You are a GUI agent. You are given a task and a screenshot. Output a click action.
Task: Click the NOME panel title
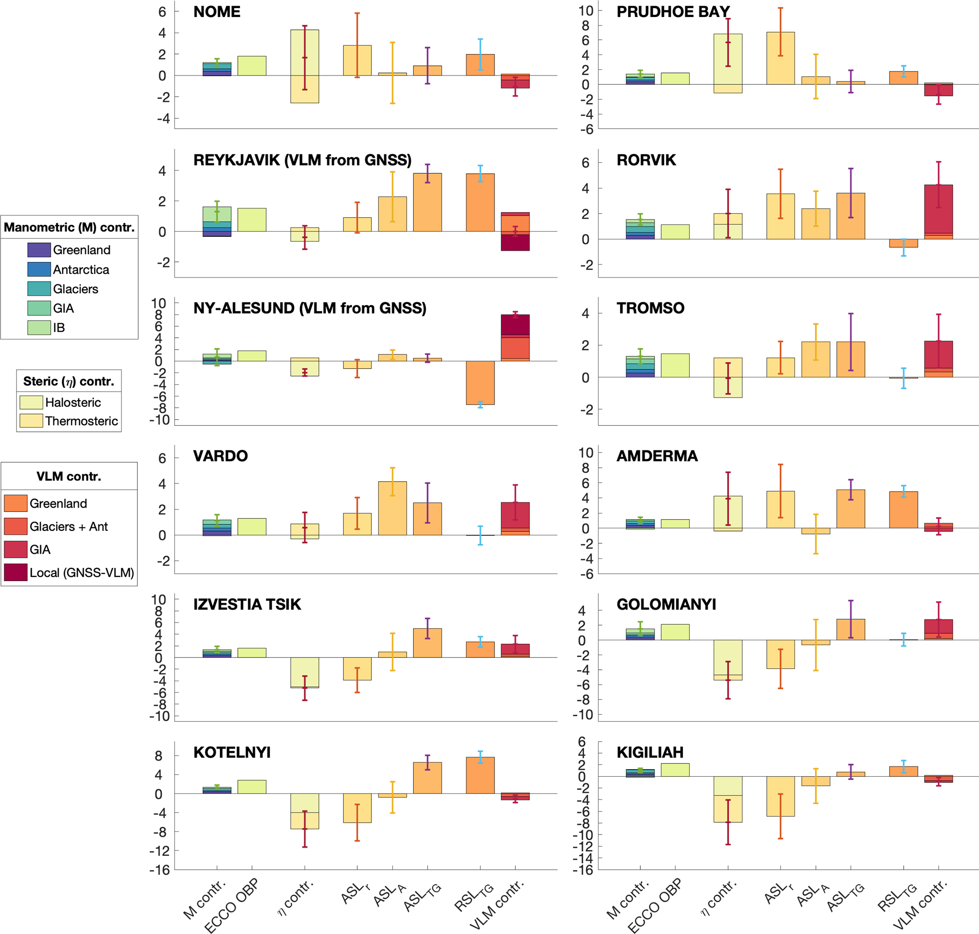click(x=216, y=12)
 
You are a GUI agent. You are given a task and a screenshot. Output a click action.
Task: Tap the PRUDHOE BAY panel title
click(x=673, y=12)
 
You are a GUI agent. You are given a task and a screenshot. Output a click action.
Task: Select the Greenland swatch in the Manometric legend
click(x=39, y=250)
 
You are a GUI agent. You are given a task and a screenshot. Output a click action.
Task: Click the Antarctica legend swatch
click(x=39, y=269)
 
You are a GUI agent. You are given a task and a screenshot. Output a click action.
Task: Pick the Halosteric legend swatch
click(x=31, y=402)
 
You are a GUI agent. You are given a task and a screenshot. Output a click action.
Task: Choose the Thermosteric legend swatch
click(x=31, y=421)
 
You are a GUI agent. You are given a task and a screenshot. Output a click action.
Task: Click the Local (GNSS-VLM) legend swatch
click(x=16, y=573)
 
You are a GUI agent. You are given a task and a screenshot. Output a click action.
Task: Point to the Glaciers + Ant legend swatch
click(x=16, y=526)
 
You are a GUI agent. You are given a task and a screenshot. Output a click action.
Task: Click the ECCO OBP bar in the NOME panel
click(x=251, y=66)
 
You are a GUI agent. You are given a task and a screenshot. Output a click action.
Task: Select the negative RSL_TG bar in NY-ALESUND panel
click(x=480, y=382)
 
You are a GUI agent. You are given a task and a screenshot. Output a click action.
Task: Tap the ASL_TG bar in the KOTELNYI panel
click(x=427, y=778)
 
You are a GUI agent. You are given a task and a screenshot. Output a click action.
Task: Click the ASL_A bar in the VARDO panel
click(x=392, y=508)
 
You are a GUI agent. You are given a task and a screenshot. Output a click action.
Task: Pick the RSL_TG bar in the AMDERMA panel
click(x=903, y=510)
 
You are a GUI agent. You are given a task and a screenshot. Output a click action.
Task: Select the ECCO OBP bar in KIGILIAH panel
click(x=675, y=770)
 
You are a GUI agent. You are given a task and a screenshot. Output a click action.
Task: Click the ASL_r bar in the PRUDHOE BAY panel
click(x=781, y=58)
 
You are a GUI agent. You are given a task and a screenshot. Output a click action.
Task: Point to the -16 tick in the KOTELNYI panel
click(x=159, y=870)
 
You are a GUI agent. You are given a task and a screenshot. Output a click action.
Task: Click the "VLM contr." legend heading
click(x=69, y=476)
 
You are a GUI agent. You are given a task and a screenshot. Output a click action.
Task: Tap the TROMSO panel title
click(x=650, y=308)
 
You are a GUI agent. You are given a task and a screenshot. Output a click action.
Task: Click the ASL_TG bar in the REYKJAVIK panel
click(x=427, y=202)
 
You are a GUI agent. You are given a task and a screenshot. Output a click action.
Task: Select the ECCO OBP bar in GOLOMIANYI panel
click(x=675, y=632)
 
